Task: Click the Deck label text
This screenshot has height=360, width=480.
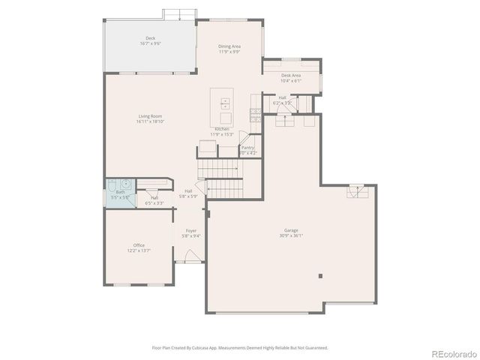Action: [x=150, y=38]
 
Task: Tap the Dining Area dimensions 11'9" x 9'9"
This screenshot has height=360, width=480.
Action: [x=229, y=52]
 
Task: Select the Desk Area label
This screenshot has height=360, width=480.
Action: [x=291, y=75]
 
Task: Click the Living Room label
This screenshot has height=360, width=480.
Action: [x=150, y=116]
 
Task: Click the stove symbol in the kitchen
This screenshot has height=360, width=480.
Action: [x=255, y=114]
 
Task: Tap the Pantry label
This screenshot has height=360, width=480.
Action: [x=247, y=148]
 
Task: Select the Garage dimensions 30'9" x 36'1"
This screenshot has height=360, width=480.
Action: [x=291, y=235]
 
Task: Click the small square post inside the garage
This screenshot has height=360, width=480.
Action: [x=321, y=275]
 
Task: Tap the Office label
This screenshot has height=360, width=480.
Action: [x=139, y=245]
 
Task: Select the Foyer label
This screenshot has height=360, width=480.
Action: [x=190, y=231]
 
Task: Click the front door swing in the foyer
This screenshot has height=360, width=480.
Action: [x=190, y=257]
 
